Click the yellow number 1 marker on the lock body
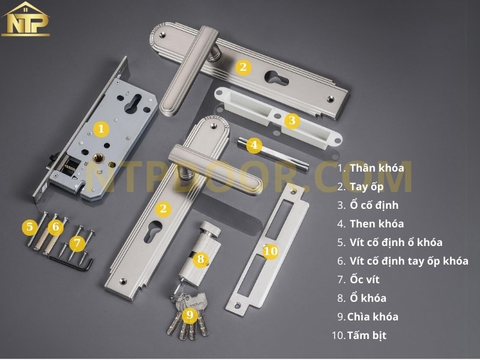(x=101, y=128)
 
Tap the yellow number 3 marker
(x=292, y=121)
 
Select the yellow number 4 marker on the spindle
(x=254, y=145)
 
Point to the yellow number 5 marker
(x=29, y=227)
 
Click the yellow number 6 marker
(x=56, y=227)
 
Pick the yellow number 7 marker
(x=76, y=244)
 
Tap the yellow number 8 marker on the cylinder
(x=201, y=260)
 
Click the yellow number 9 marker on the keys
(x=190, y=314)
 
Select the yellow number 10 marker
(x=271, y=251)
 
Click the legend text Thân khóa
(x=377, y=168)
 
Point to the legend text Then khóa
(x=377, y=224)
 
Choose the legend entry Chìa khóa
(x=373, y=317)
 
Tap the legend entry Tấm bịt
(x=367, y=335)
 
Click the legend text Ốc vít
(x=365, y=280)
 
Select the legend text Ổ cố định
(x=374, y=205)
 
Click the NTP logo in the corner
(x=26, y=19)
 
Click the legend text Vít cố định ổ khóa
(x=396, y=242)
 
